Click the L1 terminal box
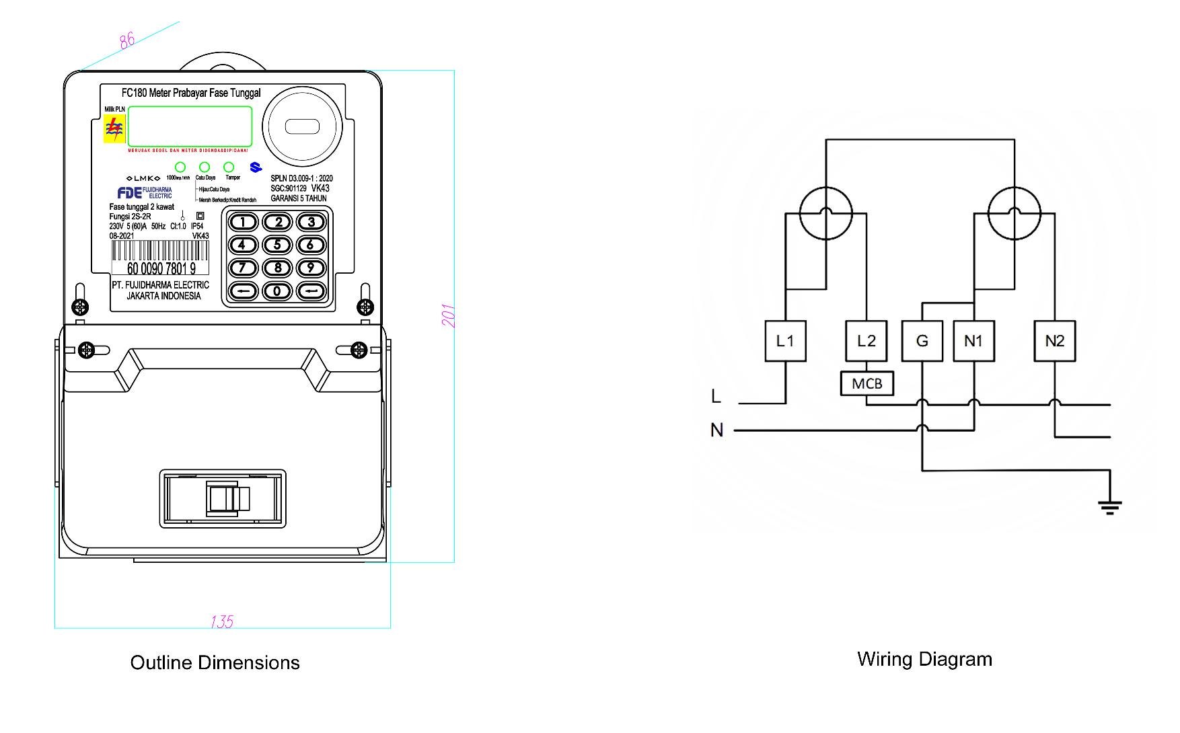785,342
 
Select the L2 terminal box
866,342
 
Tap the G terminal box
922,342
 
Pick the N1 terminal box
973,342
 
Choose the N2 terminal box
1054,342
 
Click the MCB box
866,383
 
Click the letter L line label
716,396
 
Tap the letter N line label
716,430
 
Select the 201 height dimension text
449,315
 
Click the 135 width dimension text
222,621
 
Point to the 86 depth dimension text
127,41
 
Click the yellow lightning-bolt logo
114,128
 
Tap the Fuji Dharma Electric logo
145,193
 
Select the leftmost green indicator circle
180,167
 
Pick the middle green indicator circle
205,167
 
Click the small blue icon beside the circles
256,167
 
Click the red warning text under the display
188,151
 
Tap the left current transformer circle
826,213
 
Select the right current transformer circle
1015,213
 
